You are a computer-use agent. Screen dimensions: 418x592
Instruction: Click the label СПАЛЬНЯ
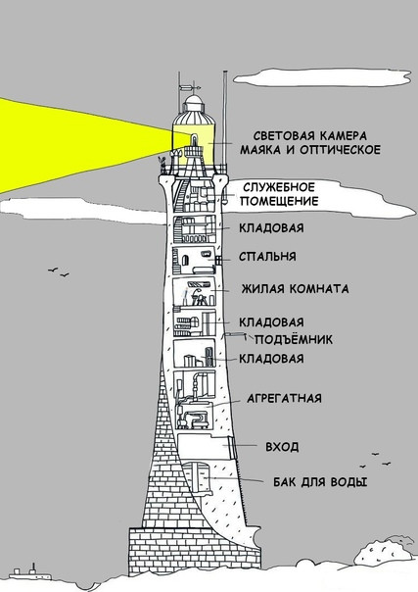click(x=267, y=257)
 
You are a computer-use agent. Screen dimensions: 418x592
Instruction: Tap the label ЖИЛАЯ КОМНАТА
click(x=295, y=289)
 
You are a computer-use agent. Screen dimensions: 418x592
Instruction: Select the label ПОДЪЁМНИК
click(x=294, y=339)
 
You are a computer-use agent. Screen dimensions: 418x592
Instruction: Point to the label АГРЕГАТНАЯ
click(x=284, y=398)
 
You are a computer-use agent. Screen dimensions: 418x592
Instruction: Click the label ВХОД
click(x=282, y=447)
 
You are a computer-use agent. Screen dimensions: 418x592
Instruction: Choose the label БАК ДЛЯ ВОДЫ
click(x=320, y=482)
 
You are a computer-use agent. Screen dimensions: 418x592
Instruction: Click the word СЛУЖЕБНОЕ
click(x=279, y=187)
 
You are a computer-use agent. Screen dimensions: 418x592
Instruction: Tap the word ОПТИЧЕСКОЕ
click(x=340, y=150)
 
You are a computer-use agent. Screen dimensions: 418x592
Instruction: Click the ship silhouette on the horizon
click(x=29, y=573)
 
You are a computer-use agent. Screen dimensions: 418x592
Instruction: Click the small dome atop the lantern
click(x=194, y=103)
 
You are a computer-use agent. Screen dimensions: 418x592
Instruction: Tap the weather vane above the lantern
click(x=190, y=88)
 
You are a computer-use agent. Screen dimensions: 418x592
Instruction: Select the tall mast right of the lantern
click(x=225, y=119)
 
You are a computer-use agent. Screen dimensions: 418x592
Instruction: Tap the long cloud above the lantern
click(x=322, y=77)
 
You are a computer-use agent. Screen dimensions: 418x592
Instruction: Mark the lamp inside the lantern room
click(x=194, y=139)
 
